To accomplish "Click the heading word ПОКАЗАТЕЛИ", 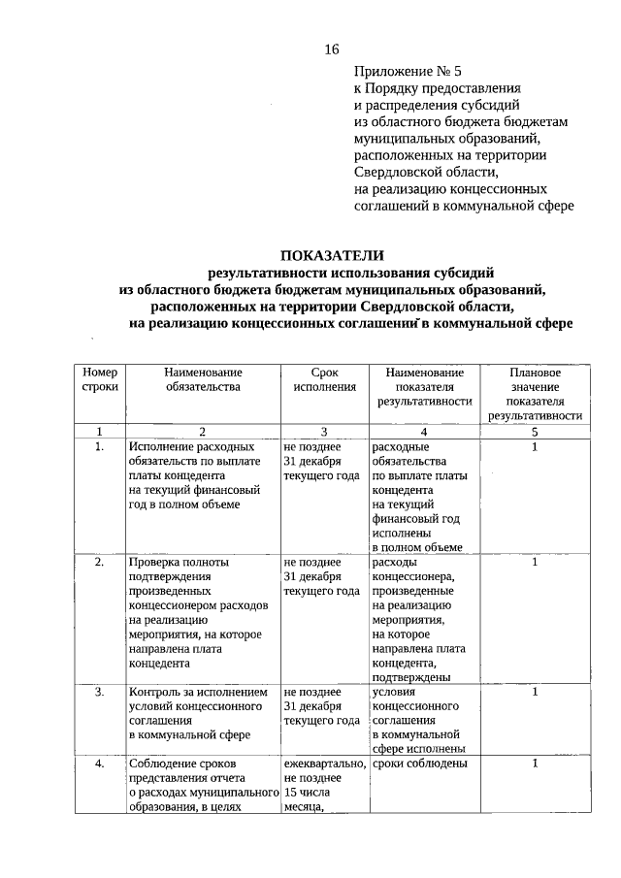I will (332, 255).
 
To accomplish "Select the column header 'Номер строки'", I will (100, 379).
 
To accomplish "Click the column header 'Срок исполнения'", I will (323, 379).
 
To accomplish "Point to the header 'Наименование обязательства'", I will (202, 379).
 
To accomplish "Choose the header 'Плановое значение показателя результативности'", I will (535, 393).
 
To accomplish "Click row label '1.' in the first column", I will (100, 447).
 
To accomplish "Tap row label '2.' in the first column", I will (100, 562).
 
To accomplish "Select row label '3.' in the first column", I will (100, 693).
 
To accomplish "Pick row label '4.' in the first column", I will (100, 764).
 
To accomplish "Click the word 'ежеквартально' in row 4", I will (324, 764).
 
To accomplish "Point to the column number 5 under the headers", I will (535, 432).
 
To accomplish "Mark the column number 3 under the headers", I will (323, 432).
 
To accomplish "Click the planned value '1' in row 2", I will (535, 562).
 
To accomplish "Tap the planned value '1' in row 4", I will (535, 764).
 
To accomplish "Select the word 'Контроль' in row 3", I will (155, 693).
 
